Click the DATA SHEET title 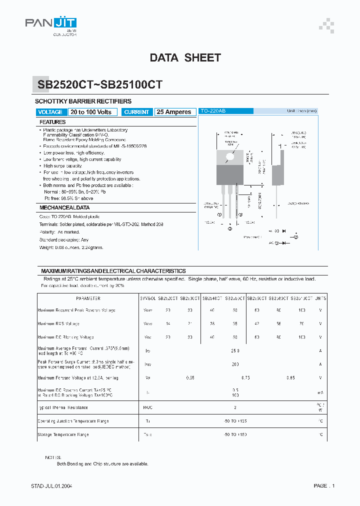(185, 58)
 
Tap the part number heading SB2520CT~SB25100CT (100, 85)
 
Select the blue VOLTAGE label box (50, 112)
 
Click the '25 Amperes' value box (174, 112)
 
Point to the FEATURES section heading (52, 122)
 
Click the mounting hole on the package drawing (230, 156)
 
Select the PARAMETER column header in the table (88, 298)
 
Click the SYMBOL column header (148, 298)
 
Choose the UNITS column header (320, 298)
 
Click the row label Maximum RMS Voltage (58, 323)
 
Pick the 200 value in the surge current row (235, 364)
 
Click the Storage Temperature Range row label (63, 434)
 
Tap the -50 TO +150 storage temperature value (235, 434)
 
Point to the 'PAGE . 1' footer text (324, 486)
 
